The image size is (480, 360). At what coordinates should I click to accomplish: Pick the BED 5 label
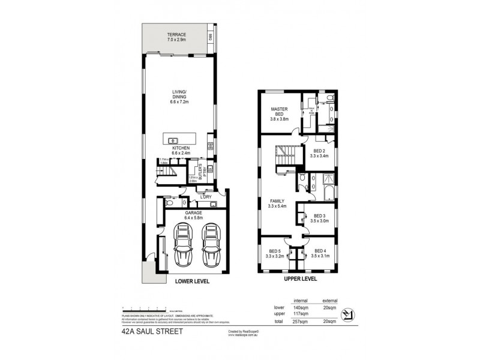pos(275,254)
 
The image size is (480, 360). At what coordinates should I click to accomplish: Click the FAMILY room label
pos(277,203)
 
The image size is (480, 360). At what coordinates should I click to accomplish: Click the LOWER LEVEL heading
pos(192,281)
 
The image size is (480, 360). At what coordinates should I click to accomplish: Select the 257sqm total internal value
pos(300,322)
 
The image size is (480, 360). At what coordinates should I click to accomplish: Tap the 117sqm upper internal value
pos(300,313)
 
